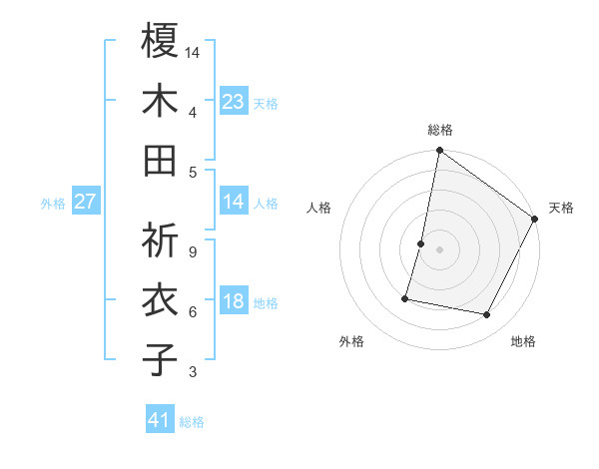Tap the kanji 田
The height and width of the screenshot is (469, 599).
160,160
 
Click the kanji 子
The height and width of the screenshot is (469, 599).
160,359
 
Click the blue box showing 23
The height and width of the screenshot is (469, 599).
234,101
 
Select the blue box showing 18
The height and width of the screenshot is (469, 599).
234,302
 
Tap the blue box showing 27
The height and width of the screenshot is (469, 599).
85,202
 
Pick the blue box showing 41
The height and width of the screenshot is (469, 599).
160,420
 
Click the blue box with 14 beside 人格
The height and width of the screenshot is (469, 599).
234,202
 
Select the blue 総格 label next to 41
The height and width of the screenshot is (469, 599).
192,422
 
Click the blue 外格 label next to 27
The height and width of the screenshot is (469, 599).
53,204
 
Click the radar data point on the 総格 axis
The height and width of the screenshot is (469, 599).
439,151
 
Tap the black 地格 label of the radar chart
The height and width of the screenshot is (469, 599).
523,342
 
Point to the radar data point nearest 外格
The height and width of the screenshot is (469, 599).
406,297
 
